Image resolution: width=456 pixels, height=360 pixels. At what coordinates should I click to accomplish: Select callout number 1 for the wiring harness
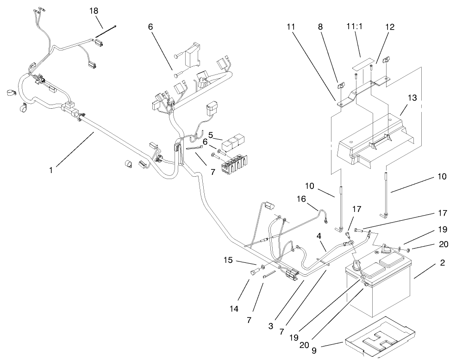50,170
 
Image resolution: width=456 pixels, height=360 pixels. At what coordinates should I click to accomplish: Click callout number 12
389,27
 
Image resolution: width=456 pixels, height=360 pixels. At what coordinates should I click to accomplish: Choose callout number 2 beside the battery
443,263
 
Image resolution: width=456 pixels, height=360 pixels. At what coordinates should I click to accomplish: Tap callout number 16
301,199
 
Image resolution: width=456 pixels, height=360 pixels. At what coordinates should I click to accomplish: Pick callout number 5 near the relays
211,136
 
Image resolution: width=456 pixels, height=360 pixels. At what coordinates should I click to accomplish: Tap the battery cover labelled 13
375,139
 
